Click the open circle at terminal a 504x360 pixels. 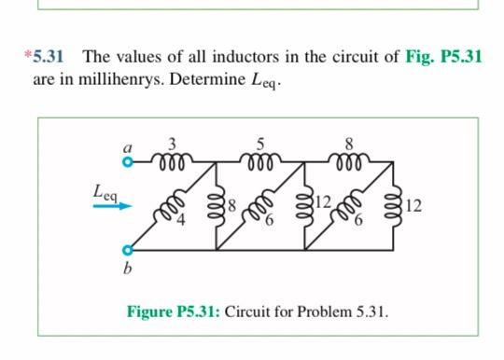130,161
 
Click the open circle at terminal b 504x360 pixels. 130,250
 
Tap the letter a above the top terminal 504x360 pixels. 130,146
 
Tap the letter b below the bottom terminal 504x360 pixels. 130,269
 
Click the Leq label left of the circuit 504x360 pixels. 105,190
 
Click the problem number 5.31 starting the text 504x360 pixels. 46,56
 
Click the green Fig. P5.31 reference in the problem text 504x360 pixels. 443,56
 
